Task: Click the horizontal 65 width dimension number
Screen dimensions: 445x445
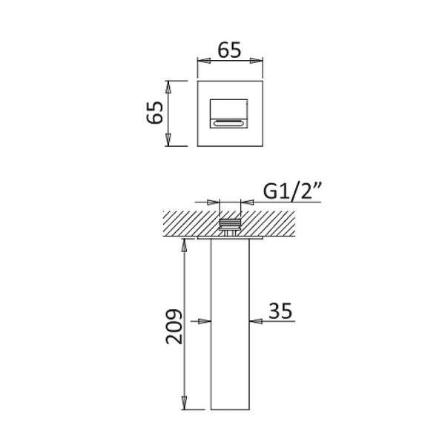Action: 229,50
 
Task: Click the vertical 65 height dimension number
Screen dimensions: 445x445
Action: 155,113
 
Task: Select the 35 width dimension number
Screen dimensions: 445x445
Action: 280,311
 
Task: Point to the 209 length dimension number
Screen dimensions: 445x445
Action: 174,326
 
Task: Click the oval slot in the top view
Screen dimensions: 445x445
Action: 228,123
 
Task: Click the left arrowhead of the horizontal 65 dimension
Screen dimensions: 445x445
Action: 204,61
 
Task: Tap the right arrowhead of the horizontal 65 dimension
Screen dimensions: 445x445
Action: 257,61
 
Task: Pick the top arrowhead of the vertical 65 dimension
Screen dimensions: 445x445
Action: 168,87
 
